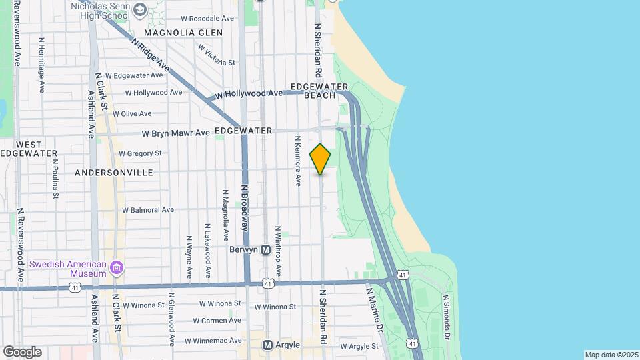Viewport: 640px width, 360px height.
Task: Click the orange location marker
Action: coord(321,159)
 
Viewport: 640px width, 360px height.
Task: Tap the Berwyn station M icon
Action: coord(265,250)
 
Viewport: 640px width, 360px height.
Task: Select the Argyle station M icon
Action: coord(267,345)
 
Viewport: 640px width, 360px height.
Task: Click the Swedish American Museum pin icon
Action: coord(117,268)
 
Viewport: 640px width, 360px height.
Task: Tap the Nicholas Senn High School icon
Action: coord(140,9)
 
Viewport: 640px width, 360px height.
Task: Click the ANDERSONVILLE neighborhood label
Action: coord(114,173)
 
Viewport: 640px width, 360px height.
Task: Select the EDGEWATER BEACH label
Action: coord(320,91)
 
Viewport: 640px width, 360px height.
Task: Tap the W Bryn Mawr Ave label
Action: coord(175,133)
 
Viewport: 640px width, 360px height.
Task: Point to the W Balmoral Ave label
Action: coord(147,210)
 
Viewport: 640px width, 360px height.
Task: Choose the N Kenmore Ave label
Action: coord(297,161)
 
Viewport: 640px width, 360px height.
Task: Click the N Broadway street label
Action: coord(245,207)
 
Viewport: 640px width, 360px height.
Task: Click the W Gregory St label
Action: coord(140,153)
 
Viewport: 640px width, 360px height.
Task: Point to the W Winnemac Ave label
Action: coord(213,341)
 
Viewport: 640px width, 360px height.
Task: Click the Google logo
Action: coord(22,352)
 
